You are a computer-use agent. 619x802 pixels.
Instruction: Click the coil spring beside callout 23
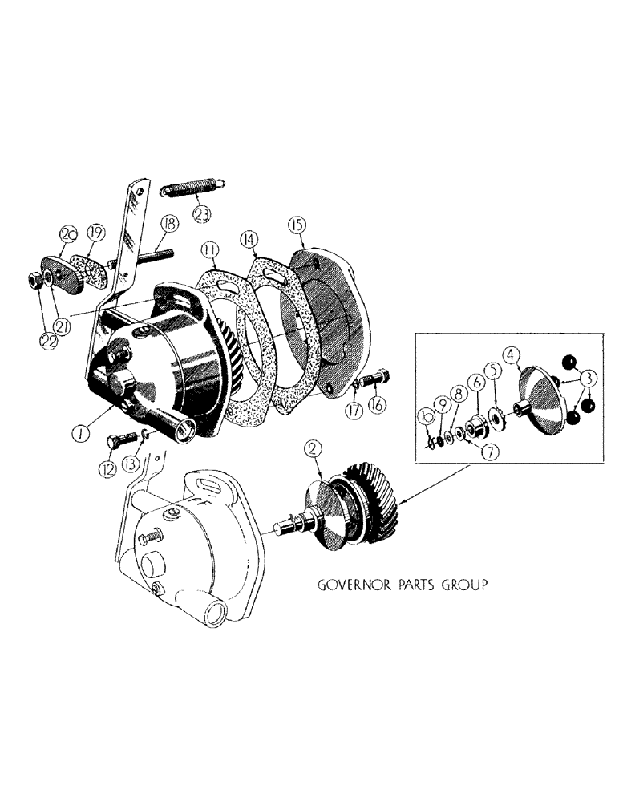(192, 192)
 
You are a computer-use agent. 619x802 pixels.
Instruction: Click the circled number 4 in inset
(511, 354)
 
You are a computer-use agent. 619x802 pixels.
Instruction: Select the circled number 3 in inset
(587, 376)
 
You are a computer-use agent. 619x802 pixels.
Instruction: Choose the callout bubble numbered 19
(95, 233)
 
